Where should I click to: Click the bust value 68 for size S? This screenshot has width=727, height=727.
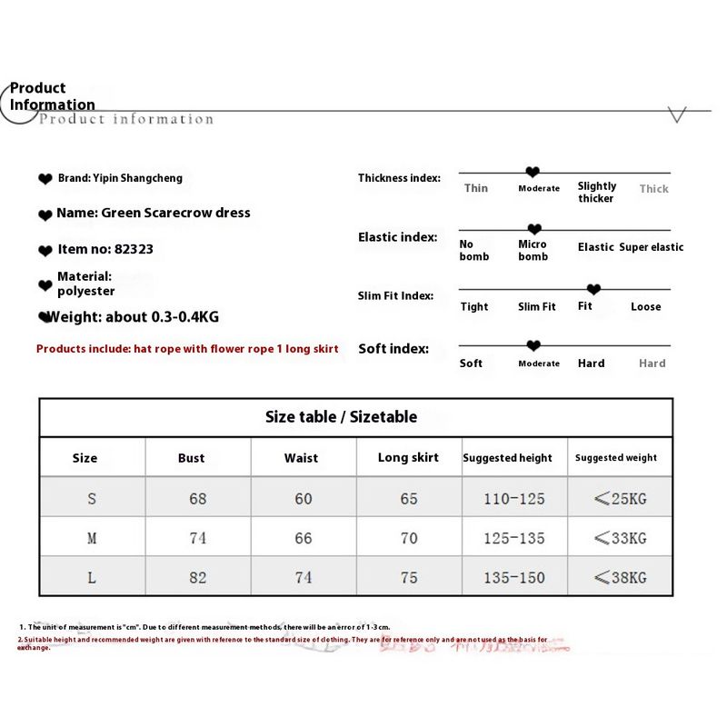(197, 498)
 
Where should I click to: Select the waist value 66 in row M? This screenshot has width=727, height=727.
(304, 538)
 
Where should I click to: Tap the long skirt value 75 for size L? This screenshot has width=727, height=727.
(409, 577)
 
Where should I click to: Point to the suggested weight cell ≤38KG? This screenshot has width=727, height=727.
(620, 577)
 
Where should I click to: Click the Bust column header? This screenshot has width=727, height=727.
(191, 458)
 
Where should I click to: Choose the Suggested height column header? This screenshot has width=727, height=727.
(507, 458)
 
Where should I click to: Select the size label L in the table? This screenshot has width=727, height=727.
(92, 577)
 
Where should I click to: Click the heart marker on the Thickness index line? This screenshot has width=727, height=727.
(533, 172)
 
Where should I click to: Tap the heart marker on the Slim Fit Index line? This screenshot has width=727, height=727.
(593, 289)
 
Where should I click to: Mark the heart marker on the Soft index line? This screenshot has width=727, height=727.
(533, 345)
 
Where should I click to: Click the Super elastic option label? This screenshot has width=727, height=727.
(652, 247)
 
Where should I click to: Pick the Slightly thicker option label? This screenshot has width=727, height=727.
(597, 192)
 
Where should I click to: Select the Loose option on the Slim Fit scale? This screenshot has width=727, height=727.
(646, 307)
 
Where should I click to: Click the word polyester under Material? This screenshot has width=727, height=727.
(86, 292)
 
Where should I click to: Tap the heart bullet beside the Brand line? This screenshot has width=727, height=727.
(45, 179)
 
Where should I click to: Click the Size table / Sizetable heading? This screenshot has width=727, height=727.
(341, 417)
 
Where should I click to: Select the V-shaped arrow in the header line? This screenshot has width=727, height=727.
(676, 115)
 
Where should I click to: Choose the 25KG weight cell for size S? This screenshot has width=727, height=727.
(620, 498)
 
